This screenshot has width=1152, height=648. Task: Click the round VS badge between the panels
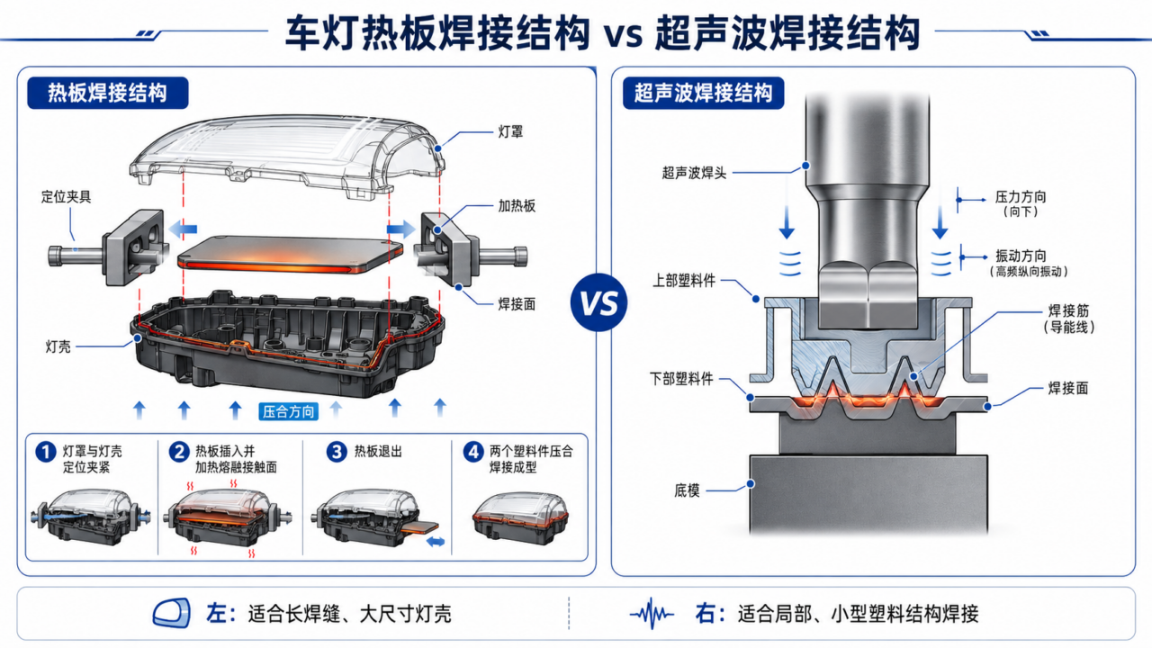click(598, 302)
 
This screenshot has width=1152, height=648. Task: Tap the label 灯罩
click(510, 132)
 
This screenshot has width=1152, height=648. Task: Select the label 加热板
click(517, 206)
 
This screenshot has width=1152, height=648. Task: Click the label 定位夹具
click(66, 197)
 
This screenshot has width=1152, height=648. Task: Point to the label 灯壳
click(58, 346)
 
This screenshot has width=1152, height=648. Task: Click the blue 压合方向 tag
click(288, 411)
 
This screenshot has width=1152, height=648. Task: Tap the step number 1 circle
click(46, 452)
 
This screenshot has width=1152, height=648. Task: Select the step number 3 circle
click(337, 452)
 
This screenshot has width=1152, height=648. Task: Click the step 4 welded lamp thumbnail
click(520, 518)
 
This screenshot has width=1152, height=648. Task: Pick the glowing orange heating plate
click(291, 255)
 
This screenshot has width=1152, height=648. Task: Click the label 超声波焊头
click(694, 174)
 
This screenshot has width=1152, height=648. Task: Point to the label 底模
click(687, 490)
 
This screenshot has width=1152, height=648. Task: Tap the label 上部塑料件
click(684, 281)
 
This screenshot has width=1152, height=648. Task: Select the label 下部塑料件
click(681, 380)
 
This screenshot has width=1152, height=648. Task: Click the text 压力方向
click(1021, 197)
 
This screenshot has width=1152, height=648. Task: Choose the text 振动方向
click(1021, 256)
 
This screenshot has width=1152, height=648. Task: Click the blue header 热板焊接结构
click(107, 93)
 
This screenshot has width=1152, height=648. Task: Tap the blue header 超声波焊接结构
click(703, 93)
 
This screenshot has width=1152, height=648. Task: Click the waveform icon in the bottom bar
click(652, 614)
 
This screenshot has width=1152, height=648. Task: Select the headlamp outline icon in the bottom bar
click(172, 613)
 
